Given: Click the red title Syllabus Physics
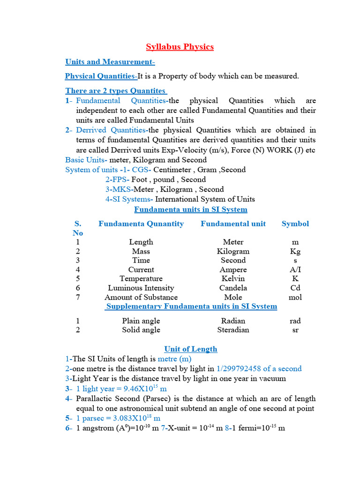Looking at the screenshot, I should click(180, 46).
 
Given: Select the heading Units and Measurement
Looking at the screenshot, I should click(110, 62).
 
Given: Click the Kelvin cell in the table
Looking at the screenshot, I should click(233, 278).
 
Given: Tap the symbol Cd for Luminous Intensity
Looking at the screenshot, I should click(295, 288).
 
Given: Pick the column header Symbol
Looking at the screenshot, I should click(295, 224).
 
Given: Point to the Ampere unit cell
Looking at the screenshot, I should click(233, 270).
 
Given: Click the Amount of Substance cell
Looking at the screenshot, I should click(141, 297).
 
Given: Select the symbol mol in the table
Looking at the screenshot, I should click(295, 297).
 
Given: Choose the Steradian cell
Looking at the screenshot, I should click(233, 330).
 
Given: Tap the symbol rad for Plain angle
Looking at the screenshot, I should click(295, 321).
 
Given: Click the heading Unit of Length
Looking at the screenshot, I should click(190, 349).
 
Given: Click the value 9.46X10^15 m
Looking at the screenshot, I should click(121, 389).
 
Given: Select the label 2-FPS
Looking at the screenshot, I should click(117, 180).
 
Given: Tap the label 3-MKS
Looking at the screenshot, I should click(119, 189).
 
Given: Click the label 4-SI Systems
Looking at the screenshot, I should click(129, 199).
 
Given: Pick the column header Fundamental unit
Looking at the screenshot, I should click(233, 224).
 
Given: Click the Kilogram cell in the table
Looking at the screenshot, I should click(233, 251).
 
